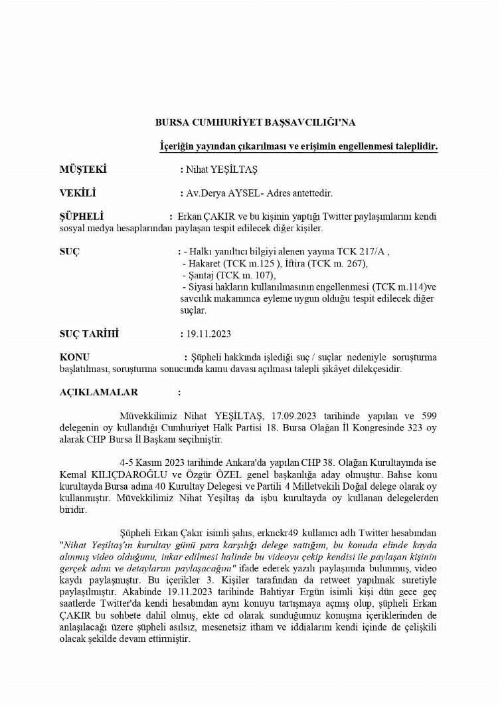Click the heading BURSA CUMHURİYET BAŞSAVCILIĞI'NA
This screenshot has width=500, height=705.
coord(256,122)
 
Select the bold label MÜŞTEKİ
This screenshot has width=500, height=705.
coord(84,169)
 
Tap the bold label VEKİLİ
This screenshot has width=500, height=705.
coord(78,193)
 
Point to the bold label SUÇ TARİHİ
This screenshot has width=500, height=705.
coord(92,334)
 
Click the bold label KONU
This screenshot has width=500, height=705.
coord(74,357)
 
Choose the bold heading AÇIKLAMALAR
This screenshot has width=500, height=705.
coord(99,392)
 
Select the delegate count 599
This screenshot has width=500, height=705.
coord(428,415)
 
